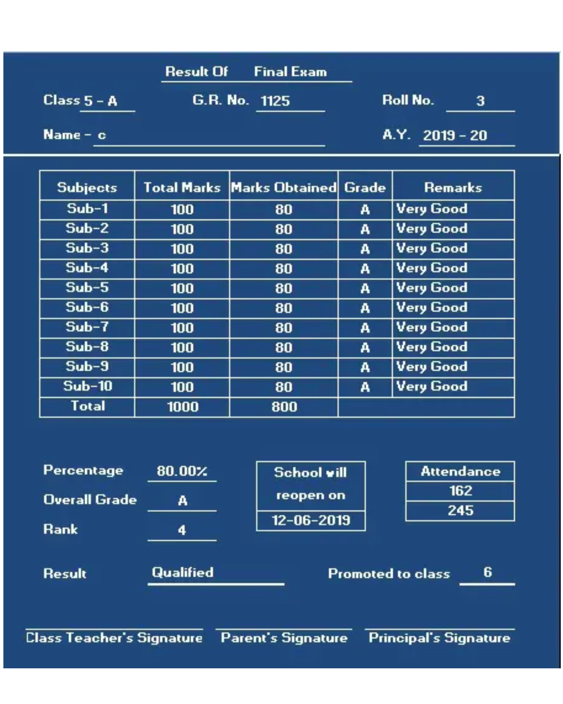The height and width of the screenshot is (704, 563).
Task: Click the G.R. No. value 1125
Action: pos(275,101)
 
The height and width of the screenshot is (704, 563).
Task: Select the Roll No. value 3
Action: pos(480,101)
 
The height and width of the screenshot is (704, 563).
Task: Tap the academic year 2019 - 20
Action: pos(455,135)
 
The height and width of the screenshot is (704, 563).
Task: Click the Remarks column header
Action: pos(453,187)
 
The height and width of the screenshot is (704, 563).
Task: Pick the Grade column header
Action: pos(365,187)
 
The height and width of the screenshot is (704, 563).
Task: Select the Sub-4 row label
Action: pos(87,268)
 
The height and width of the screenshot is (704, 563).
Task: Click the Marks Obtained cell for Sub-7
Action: pos(283,328)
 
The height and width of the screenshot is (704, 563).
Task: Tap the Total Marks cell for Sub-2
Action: pos(182,229)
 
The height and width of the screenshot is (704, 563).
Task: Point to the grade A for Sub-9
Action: pos(365,367)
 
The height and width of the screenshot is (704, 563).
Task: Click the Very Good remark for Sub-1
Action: pos(432,209)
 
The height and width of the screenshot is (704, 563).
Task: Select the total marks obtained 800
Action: pos(284,407)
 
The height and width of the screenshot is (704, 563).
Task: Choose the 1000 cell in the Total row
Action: pos(182,407)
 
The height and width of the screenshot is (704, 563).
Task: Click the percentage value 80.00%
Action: pos(182,471)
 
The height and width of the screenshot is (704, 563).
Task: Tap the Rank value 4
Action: pos(182,530)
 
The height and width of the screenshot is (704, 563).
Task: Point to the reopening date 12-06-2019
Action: pos(311,520)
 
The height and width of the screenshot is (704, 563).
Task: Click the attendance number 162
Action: pos(461,491)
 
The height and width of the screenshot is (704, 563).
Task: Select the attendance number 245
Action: pos(461,511)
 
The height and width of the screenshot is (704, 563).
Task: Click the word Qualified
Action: pos(182,572)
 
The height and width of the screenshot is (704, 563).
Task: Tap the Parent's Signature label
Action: pos(284,638)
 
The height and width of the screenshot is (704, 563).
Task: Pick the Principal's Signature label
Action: pos(440,638)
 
